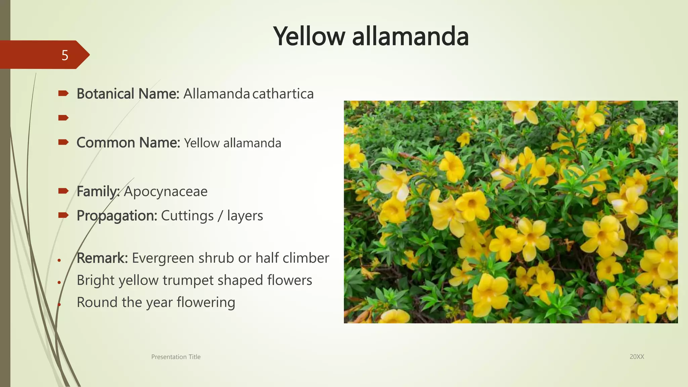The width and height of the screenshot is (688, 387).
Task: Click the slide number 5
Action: tap(65, 55)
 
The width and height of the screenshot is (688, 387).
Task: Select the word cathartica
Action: tap(283, 94)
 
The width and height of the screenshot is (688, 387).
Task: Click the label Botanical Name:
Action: tap(128, 94)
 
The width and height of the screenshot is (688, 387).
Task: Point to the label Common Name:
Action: tap(128, 143)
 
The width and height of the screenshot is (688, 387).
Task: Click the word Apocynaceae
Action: tap(166, 191)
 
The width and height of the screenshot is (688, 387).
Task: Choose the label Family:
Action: tap(98, 191)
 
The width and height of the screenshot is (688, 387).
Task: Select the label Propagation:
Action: tap(117, 216)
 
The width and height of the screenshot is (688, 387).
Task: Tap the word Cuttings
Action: tap(187, 216)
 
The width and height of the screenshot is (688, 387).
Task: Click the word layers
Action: tap(245, 216)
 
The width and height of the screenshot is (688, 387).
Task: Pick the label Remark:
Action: tap(102, 258)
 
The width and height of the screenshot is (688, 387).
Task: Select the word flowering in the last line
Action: tap(206, 302)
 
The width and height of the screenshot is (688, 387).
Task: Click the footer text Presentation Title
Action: tap(176, 357)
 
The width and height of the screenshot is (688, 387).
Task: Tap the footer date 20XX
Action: tap(637, 357)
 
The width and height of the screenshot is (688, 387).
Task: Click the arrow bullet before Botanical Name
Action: tap(63, 93)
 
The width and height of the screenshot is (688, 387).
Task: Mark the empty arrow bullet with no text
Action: tap(63, 118)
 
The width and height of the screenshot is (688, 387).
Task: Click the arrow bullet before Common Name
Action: tap(63, 142)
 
